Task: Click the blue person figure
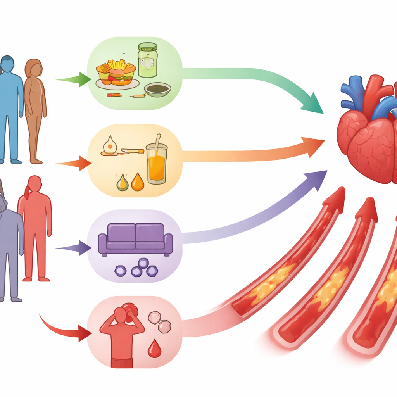(10, 105)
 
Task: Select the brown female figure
(35, 109)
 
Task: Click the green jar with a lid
(147, 60)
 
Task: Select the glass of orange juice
(157, 163)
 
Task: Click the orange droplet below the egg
(137, 182)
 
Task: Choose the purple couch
(135, 238)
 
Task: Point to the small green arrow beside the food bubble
(74, 79)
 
